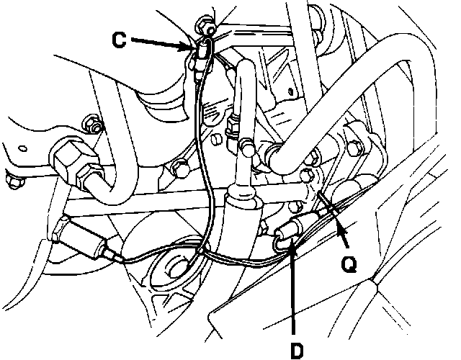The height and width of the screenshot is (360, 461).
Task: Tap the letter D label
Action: [295, 350]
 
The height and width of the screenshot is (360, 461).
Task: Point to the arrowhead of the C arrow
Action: [197, 49]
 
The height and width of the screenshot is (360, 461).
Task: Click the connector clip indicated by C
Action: [202, 52]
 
